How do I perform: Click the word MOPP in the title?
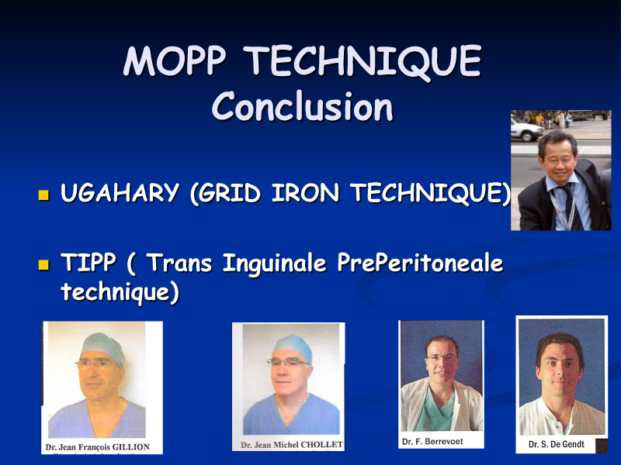pos(175,60)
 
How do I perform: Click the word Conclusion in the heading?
pos(303,107)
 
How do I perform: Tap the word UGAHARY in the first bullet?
pos(120,192)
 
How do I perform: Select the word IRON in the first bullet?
pos(305,192)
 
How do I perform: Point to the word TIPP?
pos(88,262)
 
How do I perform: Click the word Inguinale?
pos(274,263)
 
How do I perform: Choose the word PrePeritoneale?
pos(420,263)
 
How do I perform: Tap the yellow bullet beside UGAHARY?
pos(43,195)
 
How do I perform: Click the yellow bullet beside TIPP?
pos(43,264)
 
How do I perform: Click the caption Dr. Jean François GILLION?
pos(98,447)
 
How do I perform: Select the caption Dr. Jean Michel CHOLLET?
pos(292,445)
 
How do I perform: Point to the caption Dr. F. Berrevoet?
pos(432,441)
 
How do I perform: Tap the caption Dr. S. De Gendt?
pos(557,444)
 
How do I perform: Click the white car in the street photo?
pos(527,128)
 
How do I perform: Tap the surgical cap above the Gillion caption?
pos(103,346)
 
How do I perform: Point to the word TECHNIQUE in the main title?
pos(363,61)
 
